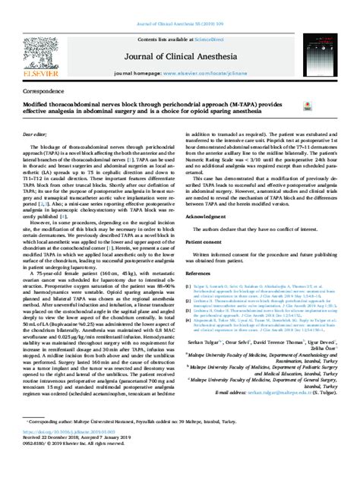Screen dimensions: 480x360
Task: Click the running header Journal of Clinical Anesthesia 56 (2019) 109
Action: pos(180,8)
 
